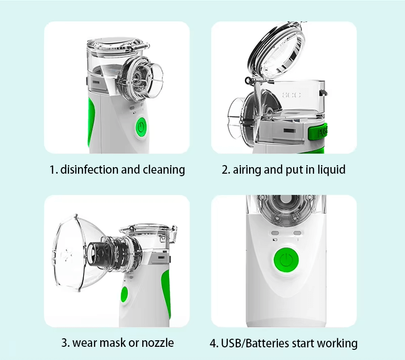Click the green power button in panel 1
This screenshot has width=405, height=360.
point(141,127)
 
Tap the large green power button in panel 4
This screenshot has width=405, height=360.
point(286,260)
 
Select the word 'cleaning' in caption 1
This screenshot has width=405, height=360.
point(164,170)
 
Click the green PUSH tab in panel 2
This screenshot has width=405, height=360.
point(318,132)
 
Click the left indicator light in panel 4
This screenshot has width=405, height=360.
point(275,233)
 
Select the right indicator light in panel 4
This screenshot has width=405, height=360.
point(297,233)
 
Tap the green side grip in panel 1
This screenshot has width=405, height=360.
point(91,122)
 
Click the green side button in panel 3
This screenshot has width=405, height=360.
point(124,295)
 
